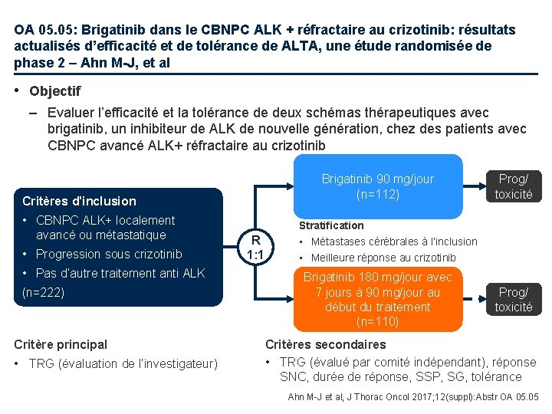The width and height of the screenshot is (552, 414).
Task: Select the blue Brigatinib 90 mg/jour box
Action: pyautogui.click(x=378, y=186)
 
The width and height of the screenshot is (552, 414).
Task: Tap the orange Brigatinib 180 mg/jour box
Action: pyautogui.click(x=378, y=299)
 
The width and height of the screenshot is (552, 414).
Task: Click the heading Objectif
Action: pyautogui.click(x=54, y=91)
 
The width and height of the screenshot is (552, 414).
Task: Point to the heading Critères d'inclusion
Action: pyautogui.click(x=79, y=201)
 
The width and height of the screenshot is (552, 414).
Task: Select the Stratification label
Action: pyautogui.click(x=331, y=225)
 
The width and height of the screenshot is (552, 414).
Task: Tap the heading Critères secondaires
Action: pyautogui.click(x=325, y=344)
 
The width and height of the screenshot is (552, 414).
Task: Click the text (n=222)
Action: pyautogui.click(x=44, y=292)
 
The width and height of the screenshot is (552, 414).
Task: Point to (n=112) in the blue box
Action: pyautogui.click(x=378, y=194)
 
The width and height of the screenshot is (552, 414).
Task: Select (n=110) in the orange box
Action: pyautogui.click(x=378, y=321)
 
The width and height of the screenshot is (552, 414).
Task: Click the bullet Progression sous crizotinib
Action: pyautogui.click(x=109, y=254)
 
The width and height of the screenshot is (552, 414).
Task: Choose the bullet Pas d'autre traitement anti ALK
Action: pyautogui.click(x=120, y=273)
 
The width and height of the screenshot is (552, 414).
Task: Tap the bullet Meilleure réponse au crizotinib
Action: pyautogui.click(x=383, y=258)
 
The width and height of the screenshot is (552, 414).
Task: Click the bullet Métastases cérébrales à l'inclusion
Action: pyautogui.click(x=393, y=242)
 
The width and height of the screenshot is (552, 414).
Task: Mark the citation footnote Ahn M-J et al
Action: pyautogui.click(x=413, y=396)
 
